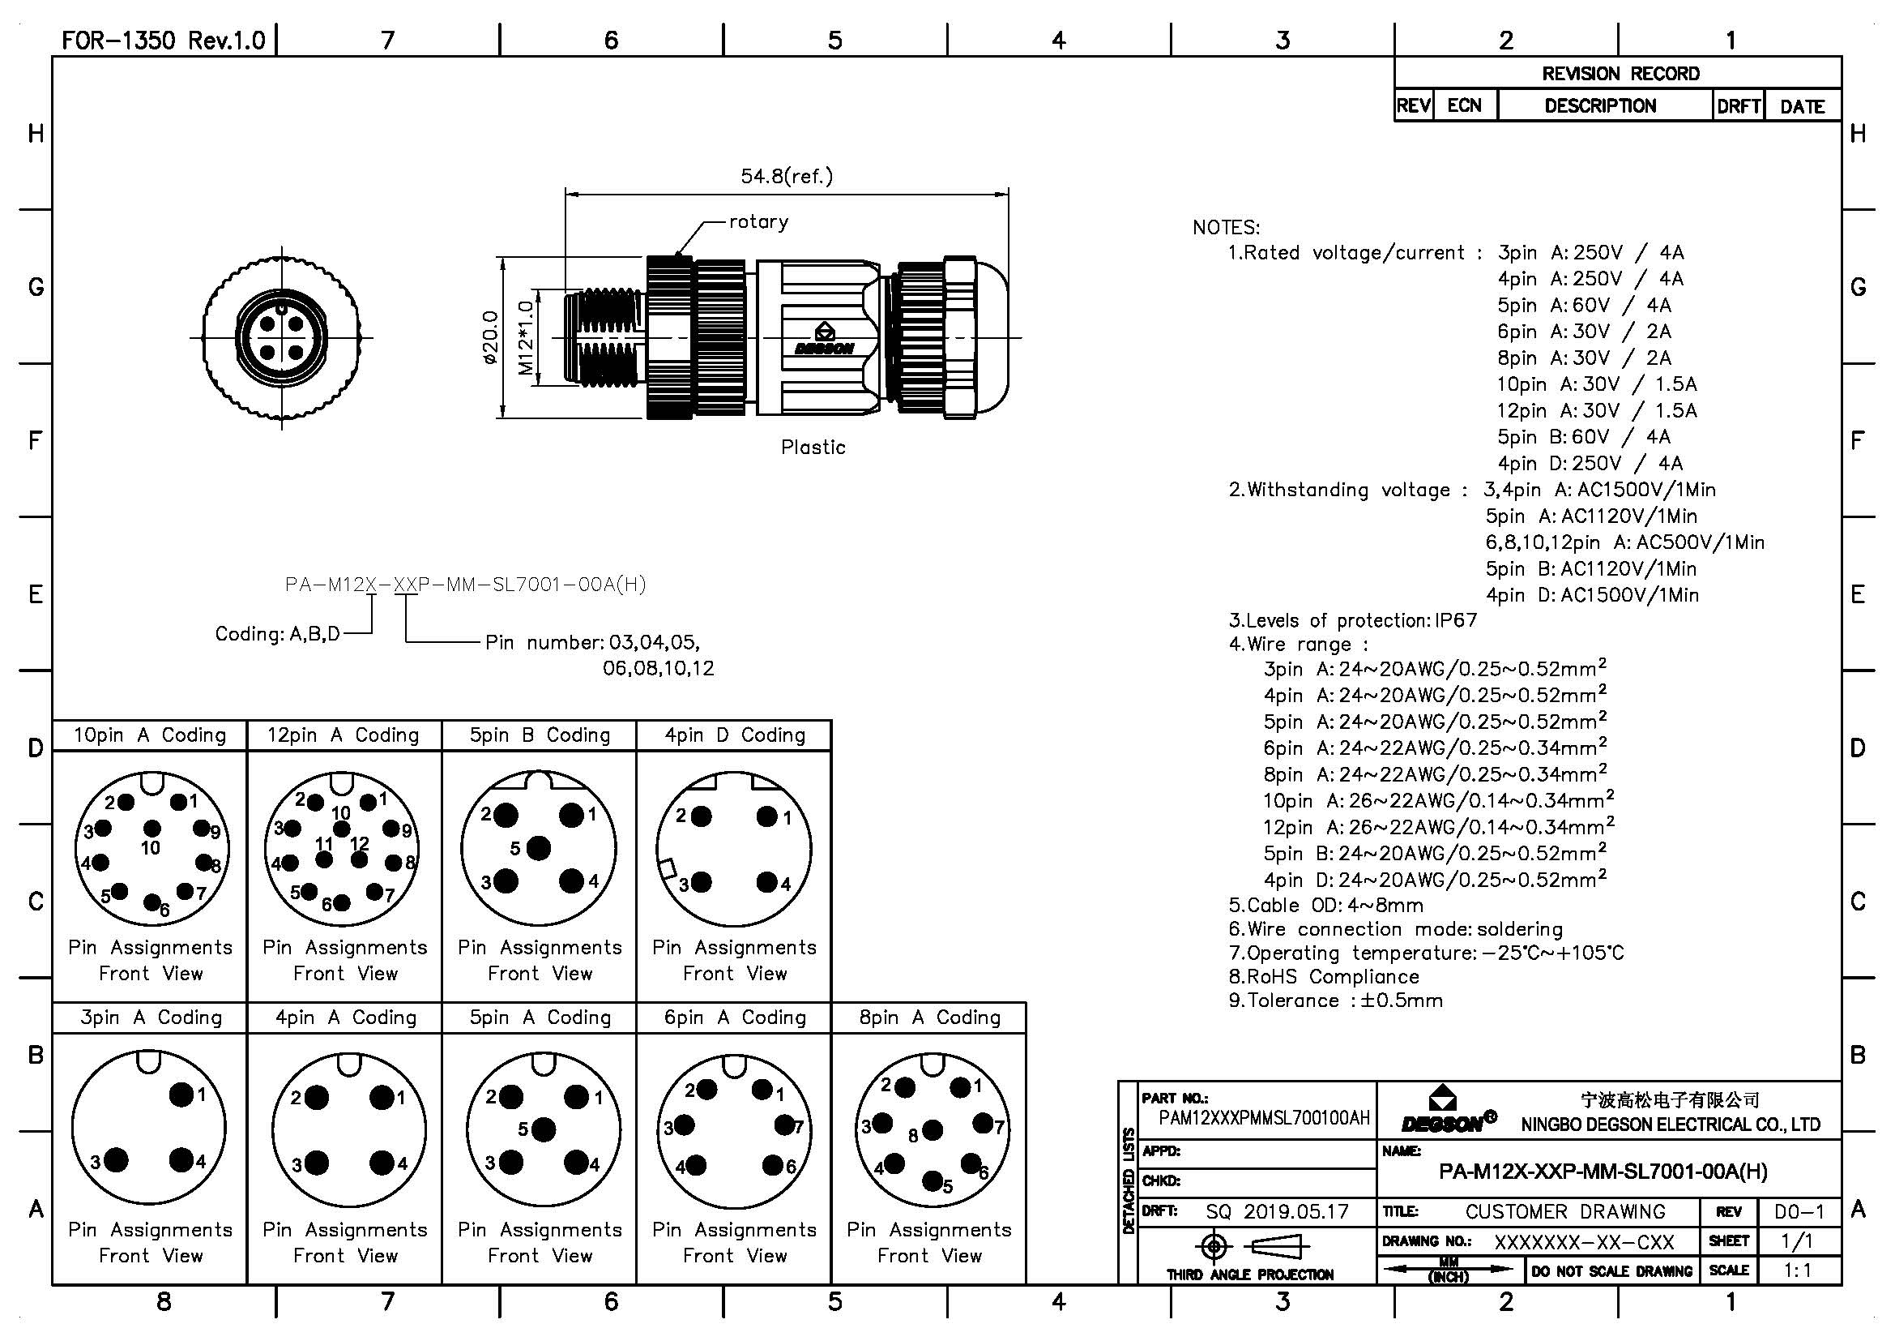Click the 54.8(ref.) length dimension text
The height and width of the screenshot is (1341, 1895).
pyautogui.click(x=786, y=176)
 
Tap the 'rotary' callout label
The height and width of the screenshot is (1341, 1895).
pyautogui.click(x=758, y=221)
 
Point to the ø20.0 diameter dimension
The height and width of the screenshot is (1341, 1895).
pyautogui.click(x=490, y=338)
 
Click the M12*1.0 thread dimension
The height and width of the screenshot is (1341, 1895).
pyautogui.click(x=526, y=337)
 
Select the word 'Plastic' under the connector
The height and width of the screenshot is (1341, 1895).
pyautogui.click(x=813, y=448)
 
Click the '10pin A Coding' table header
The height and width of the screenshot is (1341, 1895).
pyautogui.click(x=149, y=735)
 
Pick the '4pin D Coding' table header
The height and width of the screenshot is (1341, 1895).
pyautogui.click(x=735, y=735)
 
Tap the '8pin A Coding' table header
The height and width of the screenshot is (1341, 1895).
pyautogui.click(x=929, y=1018)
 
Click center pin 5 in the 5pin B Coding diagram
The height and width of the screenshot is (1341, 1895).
pyautogui.click(x=538, y=848)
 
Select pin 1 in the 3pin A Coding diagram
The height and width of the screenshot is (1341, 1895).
pyautogui.click(x=181, y=1095)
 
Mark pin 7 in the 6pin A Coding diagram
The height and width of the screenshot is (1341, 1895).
pyautogui.click(x=783, y=1125)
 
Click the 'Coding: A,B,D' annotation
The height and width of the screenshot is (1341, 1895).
pyautogui.click(x=277, y=634)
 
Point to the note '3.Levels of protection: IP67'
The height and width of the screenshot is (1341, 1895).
pyautogui.click(x=1353, y=620)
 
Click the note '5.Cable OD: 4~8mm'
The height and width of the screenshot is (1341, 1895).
pyautogui.click(x=1325, y=905)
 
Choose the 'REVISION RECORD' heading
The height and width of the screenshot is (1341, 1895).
pyautogui.click(x=1620, y=74)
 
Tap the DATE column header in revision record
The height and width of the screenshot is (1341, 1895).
pyautogui.click(x=1802, y=106)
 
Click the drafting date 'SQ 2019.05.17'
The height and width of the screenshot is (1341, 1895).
pyautogui.click(x=1277, y=1211)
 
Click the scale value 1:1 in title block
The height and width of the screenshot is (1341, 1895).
pyautogui.click(x=1798, y=1270)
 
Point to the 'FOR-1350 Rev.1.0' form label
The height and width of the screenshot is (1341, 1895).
pyautogui.click(x=164, y=41)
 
